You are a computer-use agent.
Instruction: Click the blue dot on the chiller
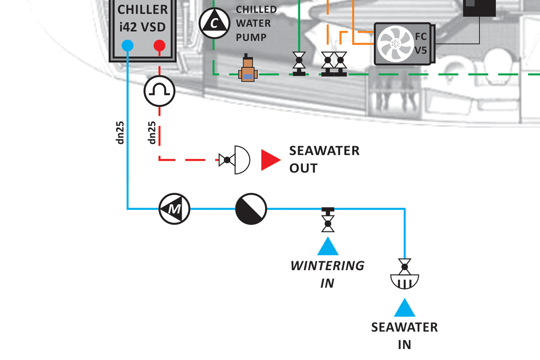click(x=127, y=45)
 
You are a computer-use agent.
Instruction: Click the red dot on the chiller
click(x=159, y=45)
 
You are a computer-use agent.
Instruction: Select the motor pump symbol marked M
click(x=175, y=208)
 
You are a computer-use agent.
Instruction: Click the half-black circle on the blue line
click(x=251, y=209)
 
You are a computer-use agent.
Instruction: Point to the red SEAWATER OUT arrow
click(x=270, y=160)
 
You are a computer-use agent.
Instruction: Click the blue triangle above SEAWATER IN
click(x=405, y=308)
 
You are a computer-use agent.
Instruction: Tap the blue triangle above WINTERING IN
click(x=328, y=246)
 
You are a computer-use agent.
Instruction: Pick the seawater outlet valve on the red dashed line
click(x=235, y=160)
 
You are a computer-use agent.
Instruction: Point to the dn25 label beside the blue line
click(x=121, y=133)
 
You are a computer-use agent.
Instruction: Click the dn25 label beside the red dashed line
click(x=153, y=133)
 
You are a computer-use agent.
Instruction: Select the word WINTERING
click(x=327, y=266)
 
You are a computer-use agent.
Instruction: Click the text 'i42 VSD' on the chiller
click(x=142, y=27)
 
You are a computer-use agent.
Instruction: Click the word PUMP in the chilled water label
click(x=251, y=37)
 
